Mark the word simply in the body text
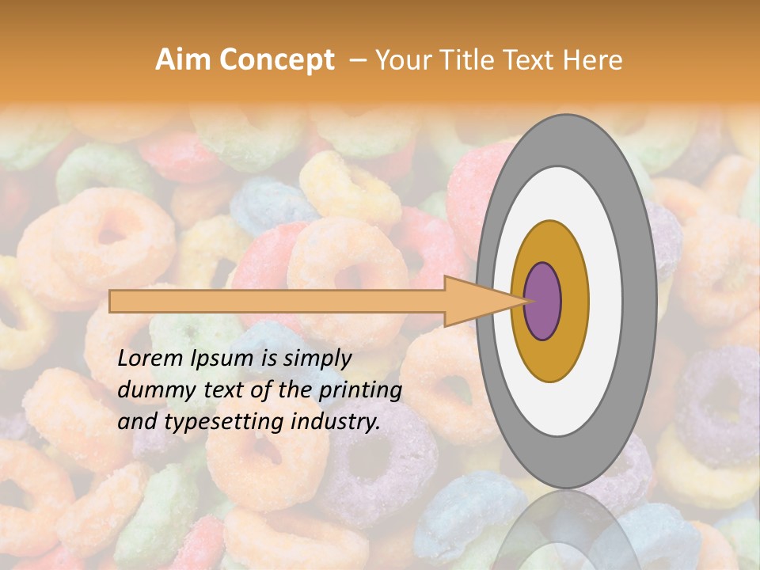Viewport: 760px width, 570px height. tap(314, 359)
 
